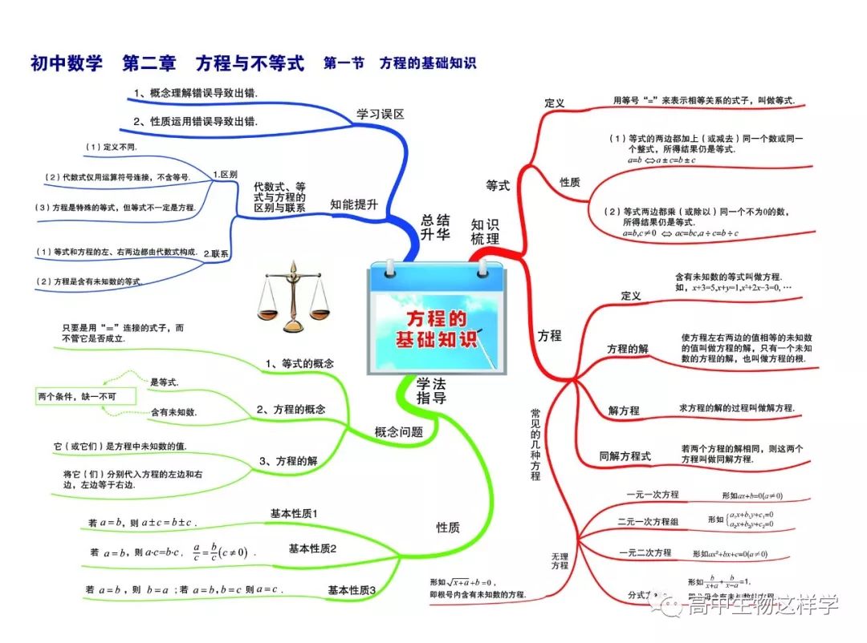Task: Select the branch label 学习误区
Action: coord(381,114)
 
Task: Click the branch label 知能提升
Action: coord(354,204)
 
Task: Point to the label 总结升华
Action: coord(436,227)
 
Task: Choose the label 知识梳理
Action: coord(485,231)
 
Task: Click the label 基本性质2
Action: coord(312,548)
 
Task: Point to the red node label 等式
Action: coord(498,185)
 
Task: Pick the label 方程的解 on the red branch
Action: coord(628,349)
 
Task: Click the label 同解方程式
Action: coord(625,456)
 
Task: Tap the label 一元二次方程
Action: coord(645,552)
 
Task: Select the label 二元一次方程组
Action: coord(648,522)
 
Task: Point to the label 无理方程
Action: coord(560,560)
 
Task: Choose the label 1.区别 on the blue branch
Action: coord(225,174)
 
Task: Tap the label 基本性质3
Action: coord(352,590)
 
